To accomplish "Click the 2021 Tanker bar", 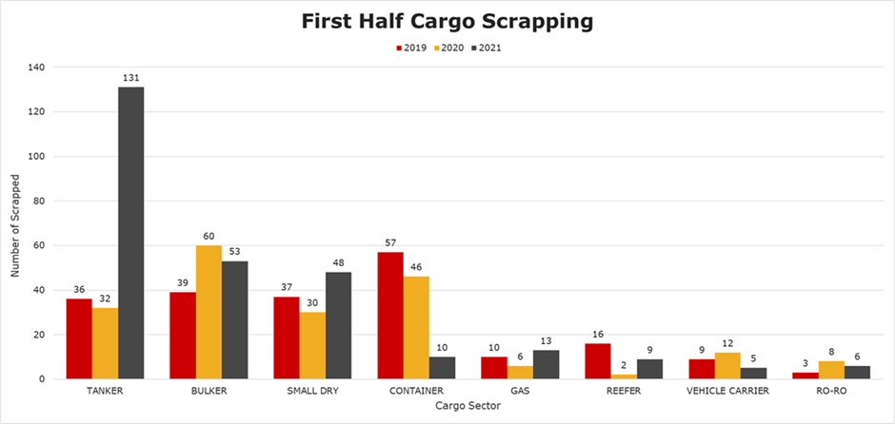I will [130, 233].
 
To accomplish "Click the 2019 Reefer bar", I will [597, 361].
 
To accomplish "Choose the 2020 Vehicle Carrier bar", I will [726, 366].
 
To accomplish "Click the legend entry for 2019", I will [411, 47].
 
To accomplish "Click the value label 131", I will [130, 78].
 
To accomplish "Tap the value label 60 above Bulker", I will [209, 237].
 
